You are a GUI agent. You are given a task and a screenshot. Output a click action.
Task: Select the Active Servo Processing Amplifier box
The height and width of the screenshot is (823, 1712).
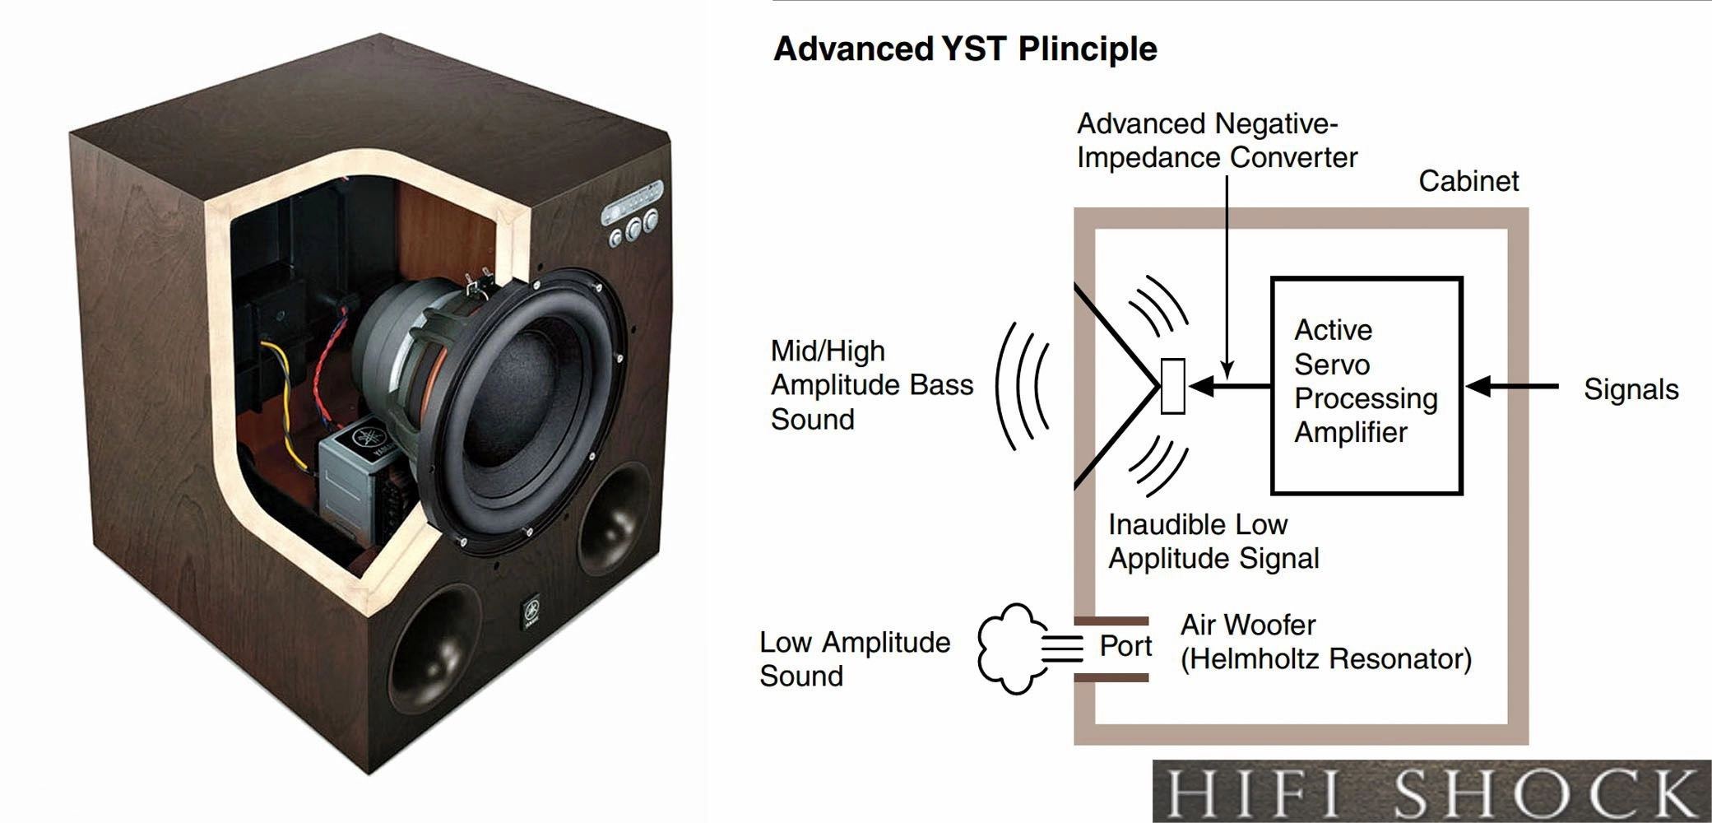coord(1366,385)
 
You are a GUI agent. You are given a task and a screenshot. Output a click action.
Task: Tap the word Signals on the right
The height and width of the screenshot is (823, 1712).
coord(1631,389)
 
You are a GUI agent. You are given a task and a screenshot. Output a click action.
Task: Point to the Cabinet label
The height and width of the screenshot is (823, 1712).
coord(1468,181)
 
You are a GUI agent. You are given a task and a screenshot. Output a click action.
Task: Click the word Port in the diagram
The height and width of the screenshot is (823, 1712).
coord(1125,646)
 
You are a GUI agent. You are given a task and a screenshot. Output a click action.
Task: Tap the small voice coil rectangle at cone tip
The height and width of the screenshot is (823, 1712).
coord(1172,386)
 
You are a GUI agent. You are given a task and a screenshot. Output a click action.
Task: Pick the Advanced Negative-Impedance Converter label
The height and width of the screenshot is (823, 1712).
coord(1217,141)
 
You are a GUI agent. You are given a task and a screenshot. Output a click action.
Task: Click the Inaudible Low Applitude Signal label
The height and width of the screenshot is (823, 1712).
coord(1213,541)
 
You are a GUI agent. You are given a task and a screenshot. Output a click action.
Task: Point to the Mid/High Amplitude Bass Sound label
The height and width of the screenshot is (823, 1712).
coord(871,385)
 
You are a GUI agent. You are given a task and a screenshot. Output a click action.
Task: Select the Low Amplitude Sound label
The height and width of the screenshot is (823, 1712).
coord(854,658)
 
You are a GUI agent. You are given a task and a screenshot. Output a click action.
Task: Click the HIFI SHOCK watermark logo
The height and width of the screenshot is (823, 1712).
coord(1431,792)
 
